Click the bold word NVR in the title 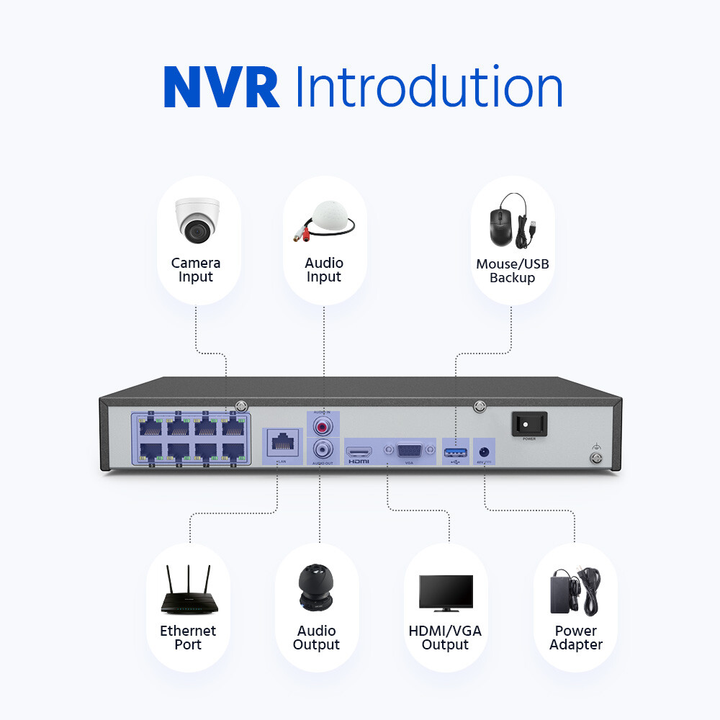(x=221, y=88)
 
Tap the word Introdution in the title (x=428, y=88)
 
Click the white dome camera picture (x=196, y=220)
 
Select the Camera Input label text (x=196, y=270)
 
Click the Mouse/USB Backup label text (x=512, y=271)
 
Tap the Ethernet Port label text (x=188, y=638)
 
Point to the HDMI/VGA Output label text (x=445, y=638)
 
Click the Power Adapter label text (x=575, y=638)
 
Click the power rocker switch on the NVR (x=529, y=423)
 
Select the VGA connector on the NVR (x=410, y=451)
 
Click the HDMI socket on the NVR (x=359, y=451)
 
